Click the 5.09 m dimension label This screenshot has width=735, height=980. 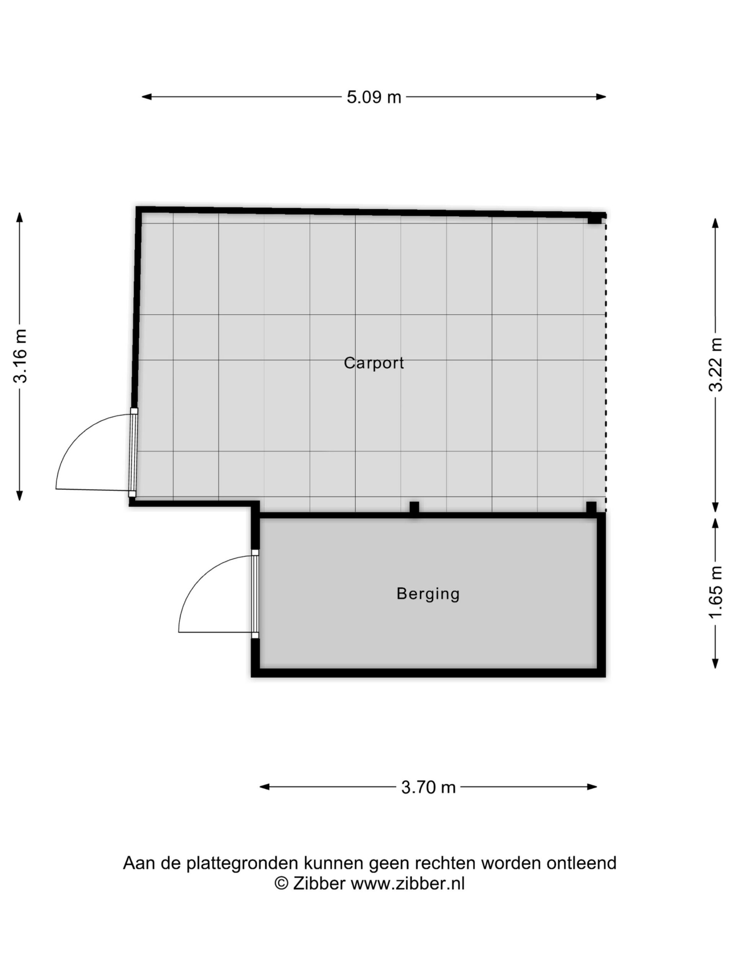pyautogui.click(x=374, y=97)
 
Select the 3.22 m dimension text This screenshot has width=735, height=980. pyautogui.click(x=715, y=364)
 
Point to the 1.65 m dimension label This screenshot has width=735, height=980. pyautogui.click(x=715, y=592)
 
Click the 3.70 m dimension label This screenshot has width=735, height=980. pyautogui.click(x=428, y=787)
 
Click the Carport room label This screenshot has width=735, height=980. pyautogui.click(x=374, y=363)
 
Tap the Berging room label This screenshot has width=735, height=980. pyautogui.click(x=428, y=594)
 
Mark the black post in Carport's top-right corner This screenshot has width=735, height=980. pyautogui.click(x=594, y=219)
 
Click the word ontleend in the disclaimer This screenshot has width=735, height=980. pyautogui.click(x=581, y=863)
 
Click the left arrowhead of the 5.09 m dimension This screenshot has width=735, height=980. pyautogui.click(x=147, y=97)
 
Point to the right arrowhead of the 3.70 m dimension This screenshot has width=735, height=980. pyautogui.click(x=592, y=787)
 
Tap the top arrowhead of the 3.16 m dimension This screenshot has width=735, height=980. pyautogui.click(x=19, y=217)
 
